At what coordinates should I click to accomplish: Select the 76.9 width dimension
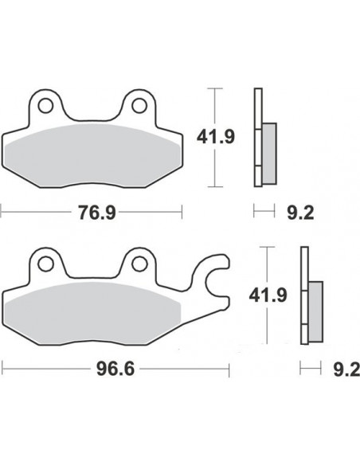click(x=93, y=212)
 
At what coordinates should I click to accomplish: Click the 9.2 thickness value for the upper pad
click(x=295, y=212)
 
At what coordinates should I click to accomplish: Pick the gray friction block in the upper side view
click(x=269, y=152)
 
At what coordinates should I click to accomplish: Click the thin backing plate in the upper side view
click(x=256, y=136)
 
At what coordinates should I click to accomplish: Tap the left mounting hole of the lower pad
click(x=47, y=261)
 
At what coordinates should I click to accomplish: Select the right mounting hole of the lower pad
click(x=140, y=261)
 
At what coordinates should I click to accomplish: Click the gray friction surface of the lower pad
click(x=93, y=311)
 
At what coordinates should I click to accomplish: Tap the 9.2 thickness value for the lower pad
click(x=341, y=369)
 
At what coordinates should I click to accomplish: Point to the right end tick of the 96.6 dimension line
click(x=229, y=369)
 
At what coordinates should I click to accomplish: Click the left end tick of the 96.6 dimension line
click(x=2, y=369)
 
